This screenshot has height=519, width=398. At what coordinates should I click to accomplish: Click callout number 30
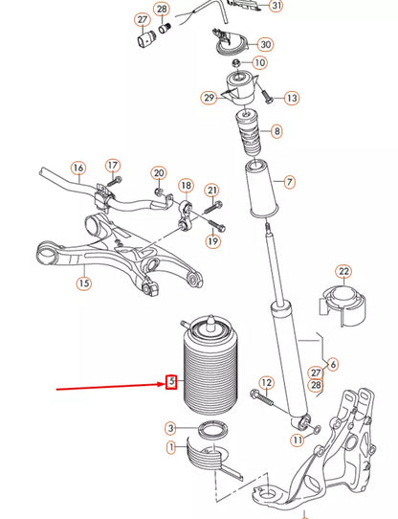click(265, 44)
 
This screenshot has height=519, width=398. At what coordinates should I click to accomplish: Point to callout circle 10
click(261, 63)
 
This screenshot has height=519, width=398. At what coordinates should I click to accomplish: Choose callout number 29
click(209, 97)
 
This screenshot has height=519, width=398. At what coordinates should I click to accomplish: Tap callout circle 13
click(292, 98)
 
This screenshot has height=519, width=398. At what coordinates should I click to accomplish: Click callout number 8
click(276, 131)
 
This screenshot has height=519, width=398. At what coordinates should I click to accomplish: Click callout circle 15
click(84, 282)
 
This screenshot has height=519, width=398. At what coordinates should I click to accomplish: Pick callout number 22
click(343, 272)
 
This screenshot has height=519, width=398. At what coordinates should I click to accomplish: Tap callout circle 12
click(267, 383)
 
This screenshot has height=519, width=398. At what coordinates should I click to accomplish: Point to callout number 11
click(297, 440)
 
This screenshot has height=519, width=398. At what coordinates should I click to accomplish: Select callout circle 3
click(170, 428)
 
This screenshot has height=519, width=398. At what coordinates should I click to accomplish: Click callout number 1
click(170, 446)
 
